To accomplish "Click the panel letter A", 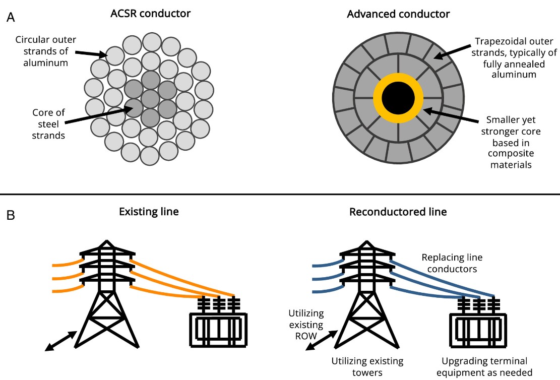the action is [x=11, y=17].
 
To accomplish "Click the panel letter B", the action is [x=11, y=215].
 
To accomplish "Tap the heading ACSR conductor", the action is [x=150, y=14].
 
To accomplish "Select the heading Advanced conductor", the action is [x=398, y=14].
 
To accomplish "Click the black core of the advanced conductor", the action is [x=398, y=98].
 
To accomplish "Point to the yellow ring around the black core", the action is [x=398, y=77].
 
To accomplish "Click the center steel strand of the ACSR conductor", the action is [x=150, y=99].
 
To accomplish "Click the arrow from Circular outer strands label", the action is [x=91, y=53].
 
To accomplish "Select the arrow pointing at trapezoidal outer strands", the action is [x=453, y=52].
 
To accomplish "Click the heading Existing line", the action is [x=149, y=212].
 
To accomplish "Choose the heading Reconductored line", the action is [x=398, y=212].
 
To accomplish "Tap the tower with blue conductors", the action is [x=366, y=293].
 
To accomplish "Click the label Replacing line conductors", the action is [x=452, y=263].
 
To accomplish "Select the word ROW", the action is [x=306, y=336].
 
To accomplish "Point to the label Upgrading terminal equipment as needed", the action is [x=484, y=367].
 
